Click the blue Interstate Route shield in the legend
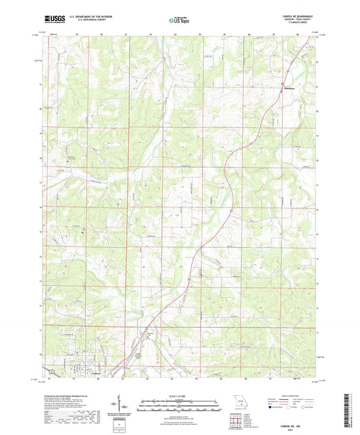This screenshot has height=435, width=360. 270,407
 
